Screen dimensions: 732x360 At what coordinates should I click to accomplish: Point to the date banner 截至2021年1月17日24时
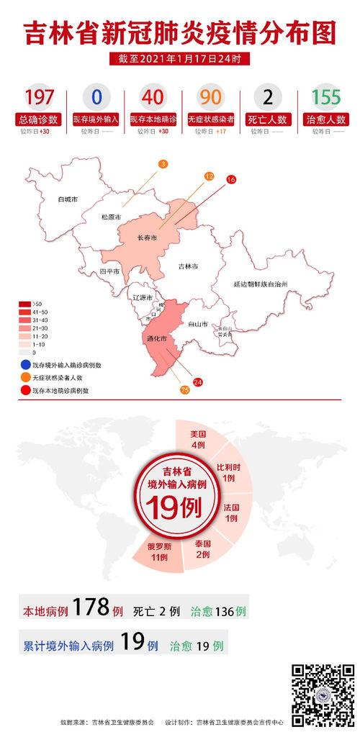[x=180, y=58]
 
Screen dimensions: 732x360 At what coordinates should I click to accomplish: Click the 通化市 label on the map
[x=156, y=338]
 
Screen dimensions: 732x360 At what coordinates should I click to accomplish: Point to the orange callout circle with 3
[x=163, y=165]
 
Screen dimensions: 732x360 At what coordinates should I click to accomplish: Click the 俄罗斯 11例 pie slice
[x=158, y=551]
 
